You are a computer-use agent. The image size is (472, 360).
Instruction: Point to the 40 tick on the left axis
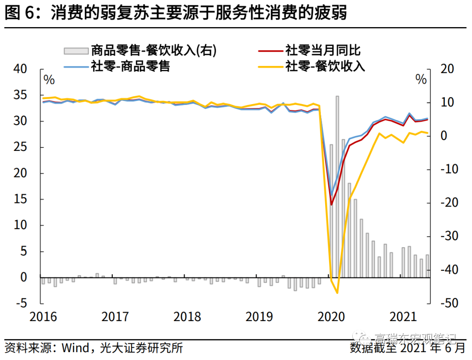pyautogui.click(x=21, y=69)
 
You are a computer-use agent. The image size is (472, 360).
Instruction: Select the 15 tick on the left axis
pyautogui.click(x=21, y=199)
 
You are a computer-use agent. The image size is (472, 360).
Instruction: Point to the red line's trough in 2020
pyautogui.click(x=331, y=205)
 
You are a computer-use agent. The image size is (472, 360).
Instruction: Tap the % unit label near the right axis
pyautogui.click(x=420, y=80)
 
